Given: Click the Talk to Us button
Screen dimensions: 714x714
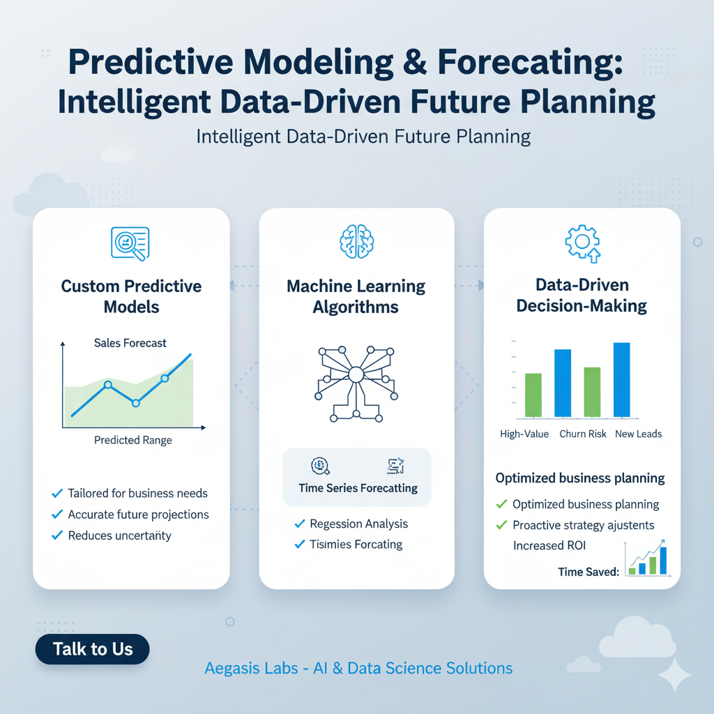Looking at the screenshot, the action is tap(93, 649).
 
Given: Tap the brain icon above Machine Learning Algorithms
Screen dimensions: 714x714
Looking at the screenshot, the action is tap(356, 241).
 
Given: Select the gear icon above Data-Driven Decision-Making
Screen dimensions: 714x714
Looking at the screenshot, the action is tap(582, 243).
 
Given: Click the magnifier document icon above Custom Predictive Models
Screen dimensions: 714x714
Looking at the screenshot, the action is tap(130, 243).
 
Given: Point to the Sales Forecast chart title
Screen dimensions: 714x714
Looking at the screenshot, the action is tap(130, 343).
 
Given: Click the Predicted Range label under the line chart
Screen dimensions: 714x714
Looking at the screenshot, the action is tap(133, 440).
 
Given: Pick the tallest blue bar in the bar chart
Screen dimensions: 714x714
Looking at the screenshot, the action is tap(621, 380).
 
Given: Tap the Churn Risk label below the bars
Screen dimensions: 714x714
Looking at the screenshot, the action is tap(583, 434).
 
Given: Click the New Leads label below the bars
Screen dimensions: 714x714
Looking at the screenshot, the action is tap(639, 434).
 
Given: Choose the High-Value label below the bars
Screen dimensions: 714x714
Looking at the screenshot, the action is tap(524, 434).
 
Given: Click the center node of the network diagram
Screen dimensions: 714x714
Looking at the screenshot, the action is tap(356, 374).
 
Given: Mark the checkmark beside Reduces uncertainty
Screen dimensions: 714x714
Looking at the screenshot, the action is tap(57, 535).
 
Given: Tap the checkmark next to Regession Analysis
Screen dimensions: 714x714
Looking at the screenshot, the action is tap(300, 524).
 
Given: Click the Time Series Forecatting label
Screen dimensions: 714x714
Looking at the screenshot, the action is tap(358, 488).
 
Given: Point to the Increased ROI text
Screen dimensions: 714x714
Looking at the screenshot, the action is tap(549, 545).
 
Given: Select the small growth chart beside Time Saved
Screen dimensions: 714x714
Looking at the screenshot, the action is tap(647, 559).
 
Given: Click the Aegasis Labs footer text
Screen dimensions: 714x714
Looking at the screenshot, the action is tap(358, 668).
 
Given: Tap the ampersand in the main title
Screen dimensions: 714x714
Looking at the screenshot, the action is tap(415, 62).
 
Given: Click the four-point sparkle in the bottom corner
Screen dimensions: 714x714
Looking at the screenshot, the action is tap(675, 675).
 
